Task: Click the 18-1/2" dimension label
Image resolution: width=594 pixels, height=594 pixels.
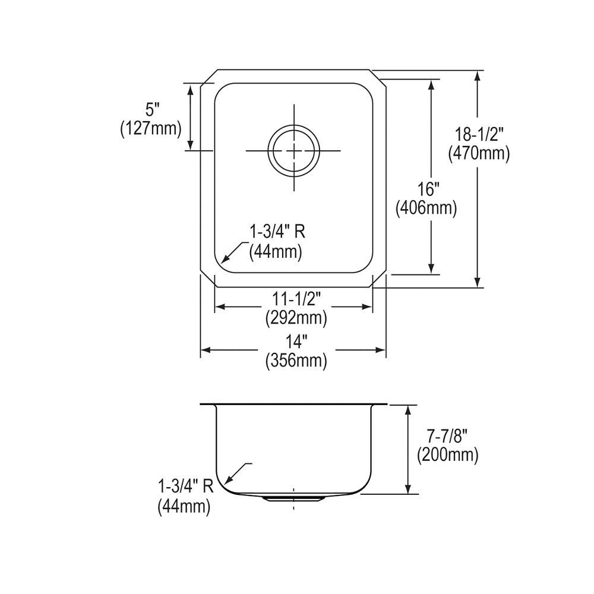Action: pos(479,134)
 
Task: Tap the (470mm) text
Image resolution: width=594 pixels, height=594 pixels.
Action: pos(479,154)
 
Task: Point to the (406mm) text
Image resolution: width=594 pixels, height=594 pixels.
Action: pos(426,208)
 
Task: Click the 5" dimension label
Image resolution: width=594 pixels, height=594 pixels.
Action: pos(151,110)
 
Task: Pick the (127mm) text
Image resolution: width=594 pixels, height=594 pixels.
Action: pos(151,129)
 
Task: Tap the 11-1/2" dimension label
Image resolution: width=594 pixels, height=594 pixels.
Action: pos(296,299)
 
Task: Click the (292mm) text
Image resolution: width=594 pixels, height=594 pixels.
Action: pos(296,318)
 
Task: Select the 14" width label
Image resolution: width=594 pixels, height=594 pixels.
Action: pos(296,343)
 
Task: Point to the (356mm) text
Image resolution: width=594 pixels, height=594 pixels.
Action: pos(296,361)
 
